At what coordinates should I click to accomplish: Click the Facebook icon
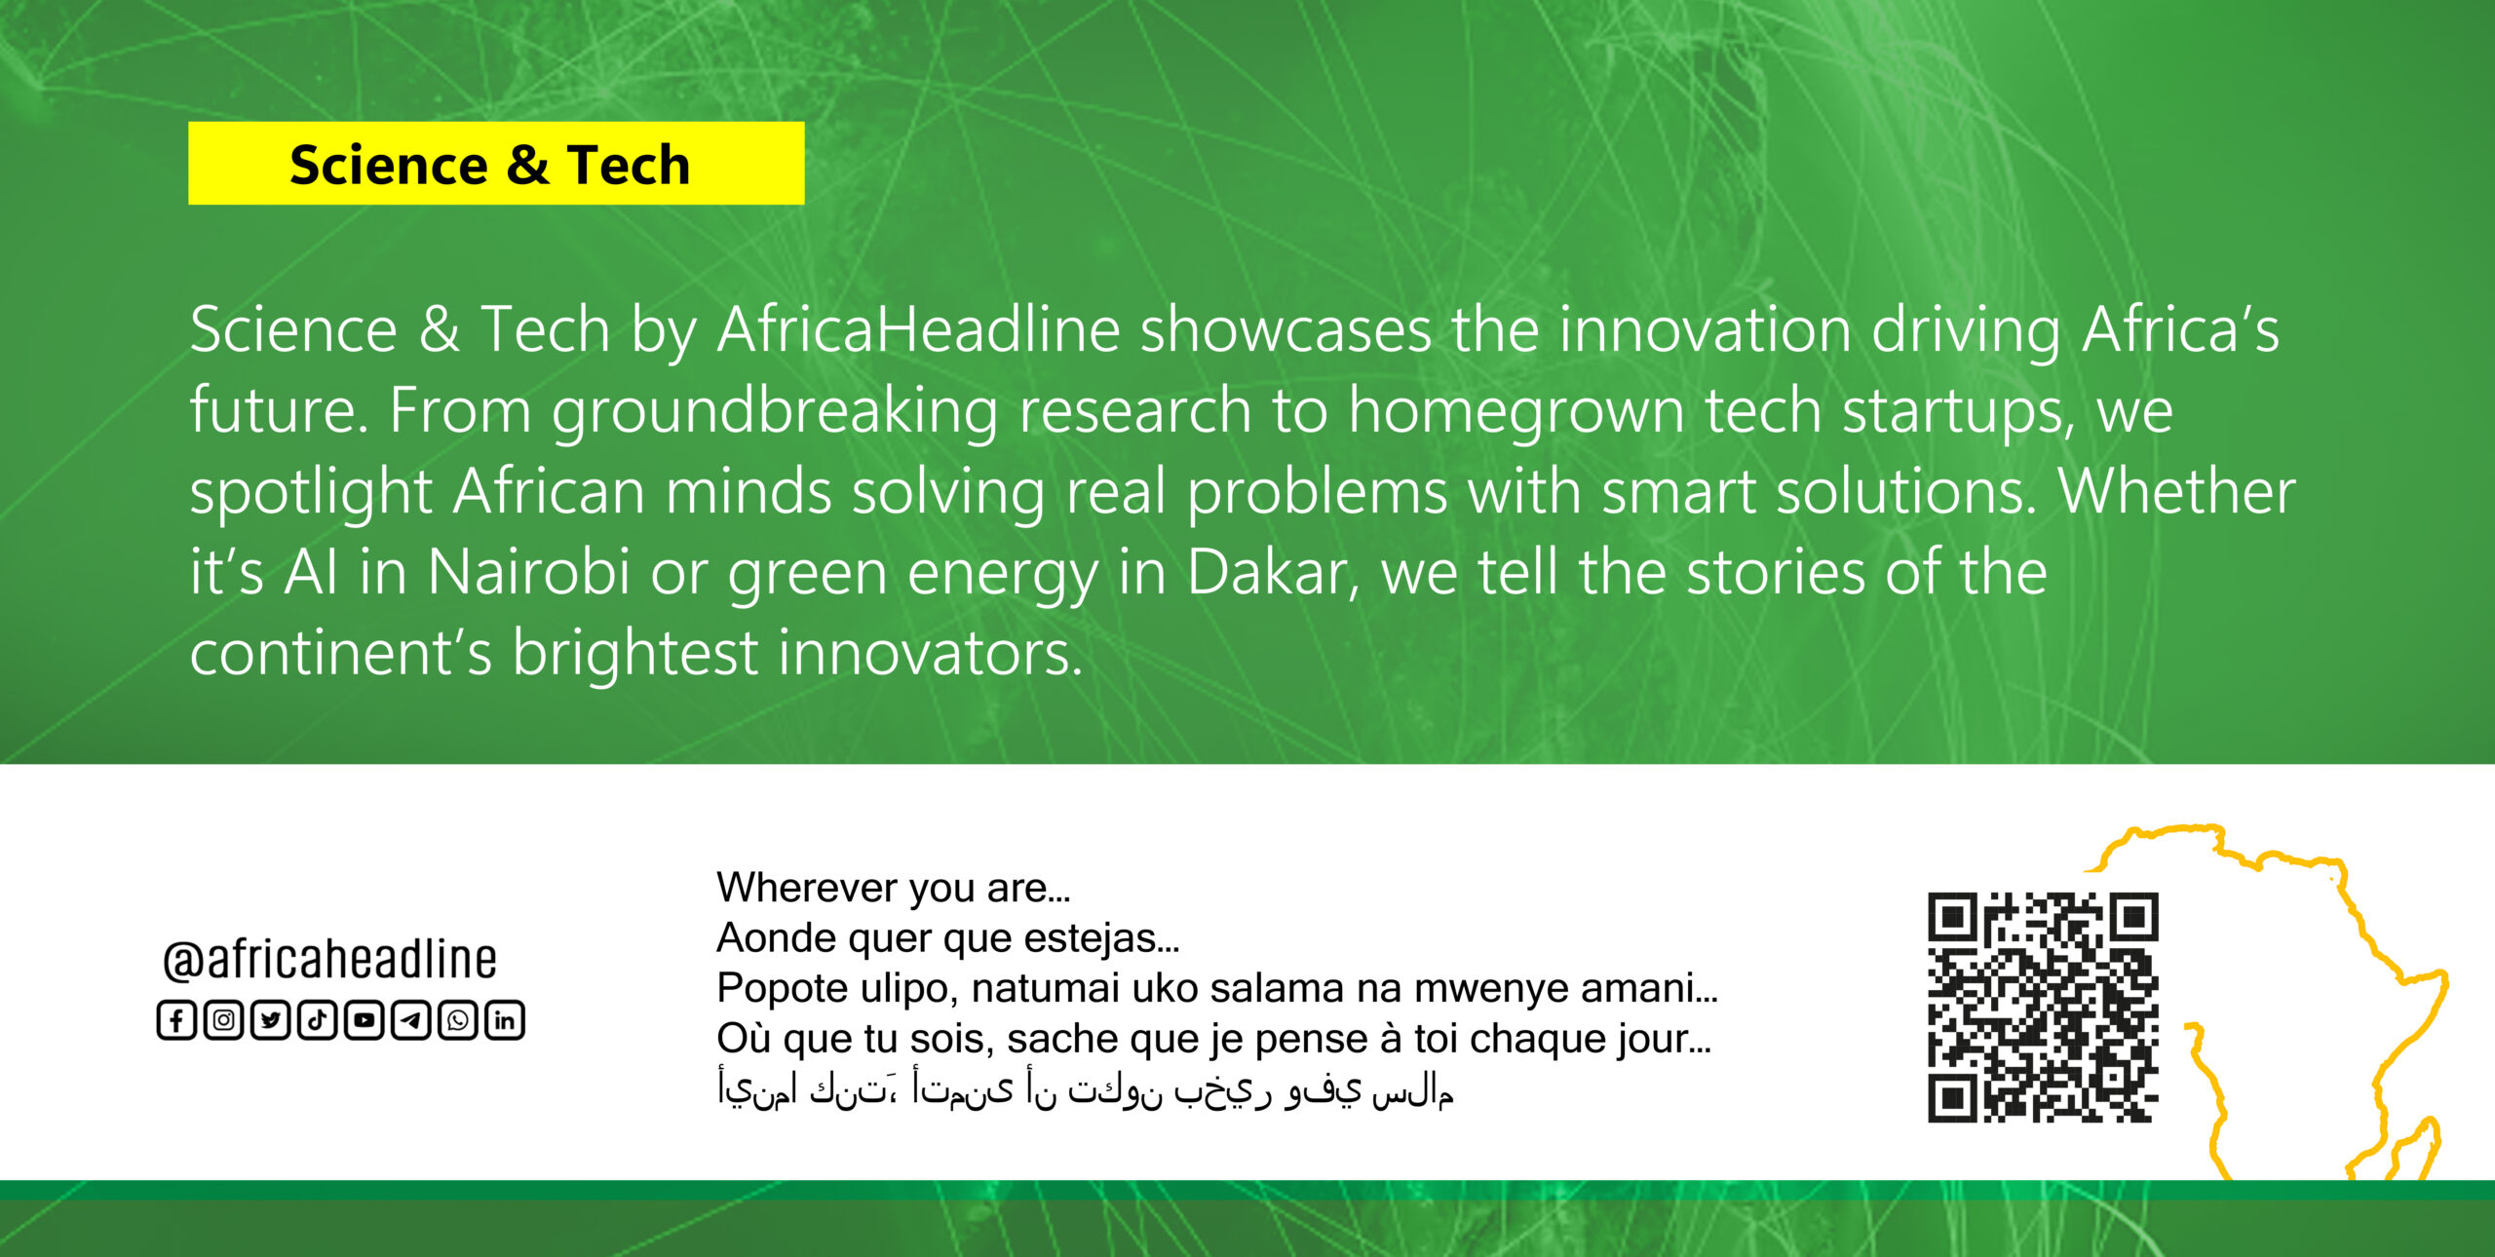(176, 1020)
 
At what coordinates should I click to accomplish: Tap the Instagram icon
(224, 1020)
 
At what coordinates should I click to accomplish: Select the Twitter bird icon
(271, 1020)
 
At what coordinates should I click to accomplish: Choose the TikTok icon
(318, 1020)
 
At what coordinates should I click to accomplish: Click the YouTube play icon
(365, 1020)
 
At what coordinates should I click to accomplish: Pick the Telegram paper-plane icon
(411, 1020)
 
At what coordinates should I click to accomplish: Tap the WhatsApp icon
(458, 1020)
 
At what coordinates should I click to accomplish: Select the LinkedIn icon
(505, 1020)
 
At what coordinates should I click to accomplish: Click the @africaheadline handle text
(329, 960)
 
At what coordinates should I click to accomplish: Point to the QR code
(2043, 1008)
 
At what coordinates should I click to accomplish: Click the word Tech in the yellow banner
(629, 164)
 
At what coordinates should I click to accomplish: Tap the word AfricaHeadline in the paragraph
(918, 329)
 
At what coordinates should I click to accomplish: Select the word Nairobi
(528, 571)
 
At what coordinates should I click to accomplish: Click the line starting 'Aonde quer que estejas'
(948, 937)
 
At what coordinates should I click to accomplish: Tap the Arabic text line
(1086, 1089)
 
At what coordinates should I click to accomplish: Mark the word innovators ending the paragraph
(930, 652)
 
